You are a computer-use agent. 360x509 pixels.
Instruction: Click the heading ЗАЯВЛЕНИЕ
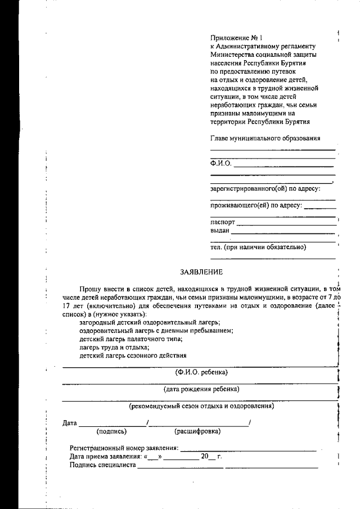pyautogui.click(x=201, y=272)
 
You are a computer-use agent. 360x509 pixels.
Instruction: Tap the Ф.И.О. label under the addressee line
pyautogui.click(x=221, y=164)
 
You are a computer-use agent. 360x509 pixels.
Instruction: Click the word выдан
pyautogui.click(x=220, y=231)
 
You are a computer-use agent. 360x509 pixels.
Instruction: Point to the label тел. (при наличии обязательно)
pyautogui.click(x=258, y=246)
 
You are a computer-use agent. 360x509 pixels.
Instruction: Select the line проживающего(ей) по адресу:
pyautogui.click(x=256, y=205)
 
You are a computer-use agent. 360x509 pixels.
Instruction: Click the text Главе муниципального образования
pyautogui.click(x=265, y=138)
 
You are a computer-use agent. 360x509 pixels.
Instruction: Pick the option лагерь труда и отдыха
pyautogui.click(x=110, y=348)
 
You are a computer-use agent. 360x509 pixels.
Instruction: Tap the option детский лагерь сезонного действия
pyautogui.click(x=133, y=356)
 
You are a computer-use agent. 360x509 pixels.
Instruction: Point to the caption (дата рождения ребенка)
pyautogui.click(x=201, y=389)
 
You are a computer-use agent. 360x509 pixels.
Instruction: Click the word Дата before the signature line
pyautogui.click(x=70, y=422)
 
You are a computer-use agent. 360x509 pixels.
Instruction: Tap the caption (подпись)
pyautogui.click(x=112, y=431)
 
